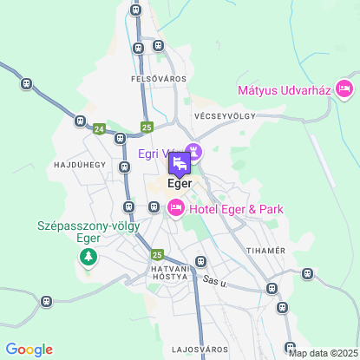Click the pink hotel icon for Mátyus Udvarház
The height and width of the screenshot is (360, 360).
point(344,88)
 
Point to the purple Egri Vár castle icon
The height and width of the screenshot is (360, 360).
point(193,153)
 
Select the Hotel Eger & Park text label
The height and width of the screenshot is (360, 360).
point(235,208)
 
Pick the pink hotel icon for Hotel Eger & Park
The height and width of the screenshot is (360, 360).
point(175,206)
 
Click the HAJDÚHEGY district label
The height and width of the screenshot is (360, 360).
point(79,164)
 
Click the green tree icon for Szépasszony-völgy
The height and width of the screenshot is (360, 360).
point(88,257)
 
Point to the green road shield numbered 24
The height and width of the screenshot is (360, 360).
point(100,128)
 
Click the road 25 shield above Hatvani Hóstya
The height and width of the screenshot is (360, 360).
point(156,254)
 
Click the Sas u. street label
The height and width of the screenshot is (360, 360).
point(213,280)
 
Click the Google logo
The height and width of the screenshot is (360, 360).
point(29,349)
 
